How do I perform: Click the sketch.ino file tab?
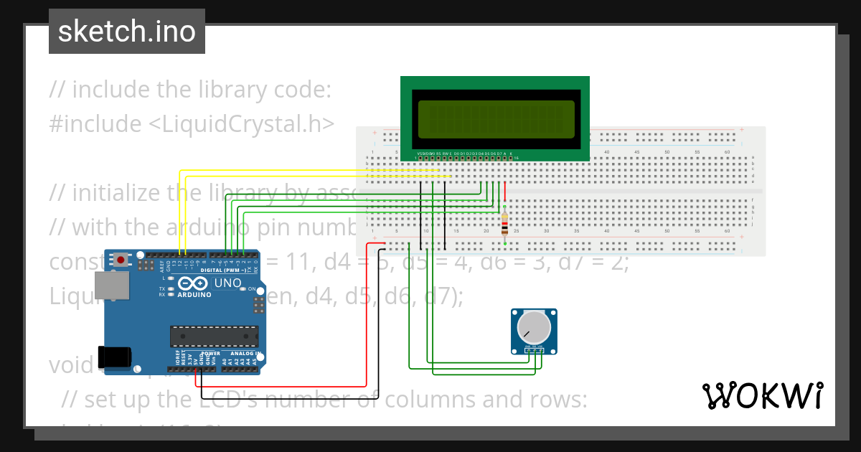click(126, 32)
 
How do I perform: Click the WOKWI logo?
click(762, 395)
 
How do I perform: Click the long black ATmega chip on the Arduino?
click(214, 336)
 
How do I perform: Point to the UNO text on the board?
click(229, 283)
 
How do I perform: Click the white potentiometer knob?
click(534, 328)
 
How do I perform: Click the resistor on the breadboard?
click(504, 224)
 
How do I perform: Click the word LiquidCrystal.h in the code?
click(241, 124)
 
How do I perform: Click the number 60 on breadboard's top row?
click(728, 152)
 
